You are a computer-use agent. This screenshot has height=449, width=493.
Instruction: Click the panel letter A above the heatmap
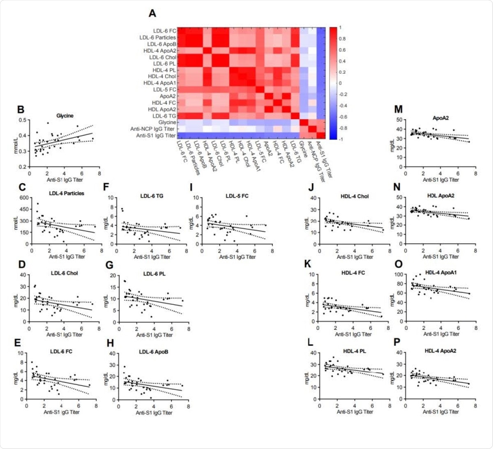[152, 14]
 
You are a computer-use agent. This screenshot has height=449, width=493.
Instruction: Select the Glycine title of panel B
[65, 116]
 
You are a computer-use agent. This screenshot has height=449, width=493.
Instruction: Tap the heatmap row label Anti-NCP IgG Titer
[153, 129]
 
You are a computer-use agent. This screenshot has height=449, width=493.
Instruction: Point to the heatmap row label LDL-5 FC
[164, 90]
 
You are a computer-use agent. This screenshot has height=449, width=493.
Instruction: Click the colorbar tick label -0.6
[342, 117]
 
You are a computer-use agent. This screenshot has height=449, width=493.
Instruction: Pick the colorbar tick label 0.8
[342, 39]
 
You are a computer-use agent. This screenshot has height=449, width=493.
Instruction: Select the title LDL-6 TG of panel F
[152, 196]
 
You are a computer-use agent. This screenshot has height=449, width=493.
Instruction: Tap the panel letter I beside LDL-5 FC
[192, 188]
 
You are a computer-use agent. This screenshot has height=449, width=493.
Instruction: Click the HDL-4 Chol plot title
[355, 196]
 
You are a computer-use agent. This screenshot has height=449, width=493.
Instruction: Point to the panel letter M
[398, 109]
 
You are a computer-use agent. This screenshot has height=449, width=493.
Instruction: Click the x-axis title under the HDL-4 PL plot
[355, 412]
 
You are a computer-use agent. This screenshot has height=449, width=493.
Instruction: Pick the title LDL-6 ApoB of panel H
[153, 352]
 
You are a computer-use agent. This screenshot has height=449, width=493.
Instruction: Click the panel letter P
[397, 343]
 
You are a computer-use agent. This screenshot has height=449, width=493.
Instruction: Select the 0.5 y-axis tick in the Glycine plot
[23, 120]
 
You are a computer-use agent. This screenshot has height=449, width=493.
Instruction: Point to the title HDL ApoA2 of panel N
[440, 196]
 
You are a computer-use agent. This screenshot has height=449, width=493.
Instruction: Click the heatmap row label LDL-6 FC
[164, 31]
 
